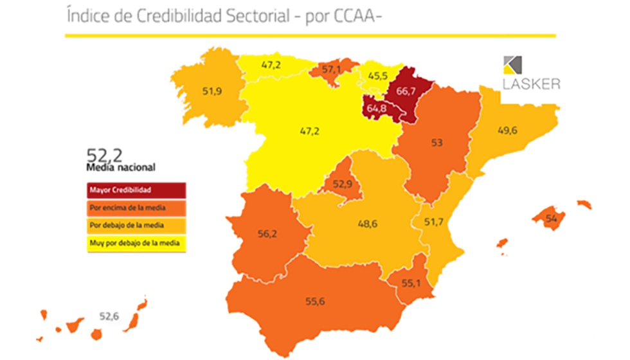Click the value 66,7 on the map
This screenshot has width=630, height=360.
click(x=406, y=91)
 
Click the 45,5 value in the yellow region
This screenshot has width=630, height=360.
click(x=378, y=75)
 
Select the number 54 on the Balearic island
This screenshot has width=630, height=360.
click(x=550, y=218)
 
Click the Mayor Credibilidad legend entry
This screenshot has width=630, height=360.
click(x=136, y=191)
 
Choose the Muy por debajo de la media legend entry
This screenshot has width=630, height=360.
click(x=136, y=243)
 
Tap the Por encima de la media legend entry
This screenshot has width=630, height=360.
click(x=136, y=208)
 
